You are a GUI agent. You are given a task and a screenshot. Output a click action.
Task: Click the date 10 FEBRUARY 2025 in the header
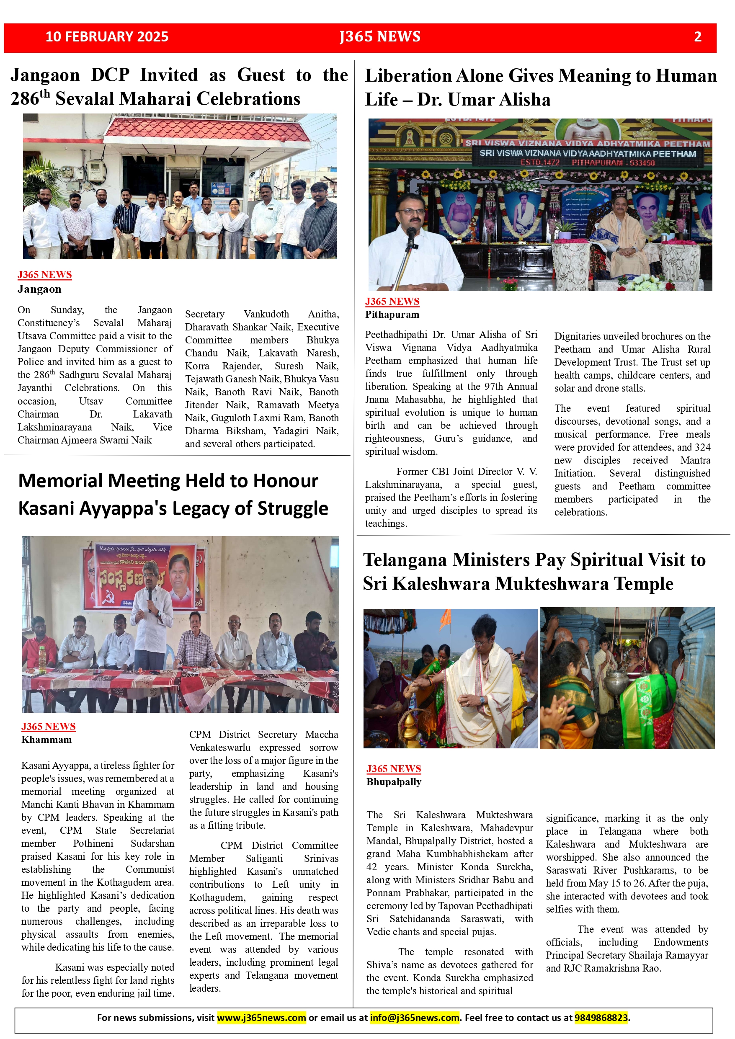[107, 37]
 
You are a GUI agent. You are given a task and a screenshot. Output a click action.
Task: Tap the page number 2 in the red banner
[697, 37]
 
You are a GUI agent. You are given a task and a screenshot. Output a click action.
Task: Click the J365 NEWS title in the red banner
[380, 37]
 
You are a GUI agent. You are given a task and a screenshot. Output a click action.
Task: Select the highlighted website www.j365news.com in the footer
[261, 1018]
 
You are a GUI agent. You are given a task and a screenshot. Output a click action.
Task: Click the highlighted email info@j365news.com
[415, 1018]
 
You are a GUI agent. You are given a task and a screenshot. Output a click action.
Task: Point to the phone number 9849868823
[601, 1018]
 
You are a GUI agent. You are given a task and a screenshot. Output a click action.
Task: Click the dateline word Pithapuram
[392, 315]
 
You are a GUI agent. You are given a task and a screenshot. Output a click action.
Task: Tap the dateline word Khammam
[46, 740]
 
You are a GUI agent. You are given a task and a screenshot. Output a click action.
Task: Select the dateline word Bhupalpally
[394, 781]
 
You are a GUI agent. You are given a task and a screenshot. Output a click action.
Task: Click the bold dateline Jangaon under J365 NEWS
[39, 289]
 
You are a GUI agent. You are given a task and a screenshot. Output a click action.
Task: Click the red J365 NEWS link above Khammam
[49, 726]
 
